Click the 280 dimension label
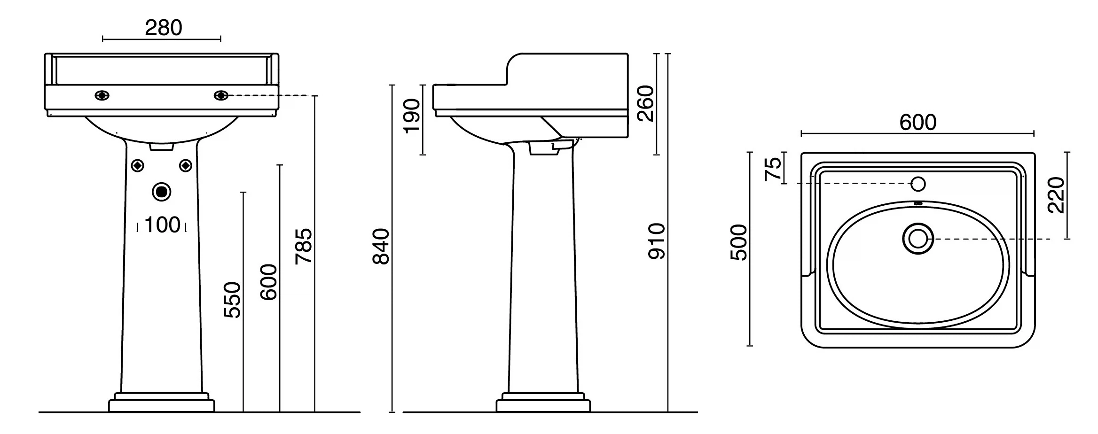tap(163, 28)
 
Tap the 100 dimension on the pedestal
tap(162, 225)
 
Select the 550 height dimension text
tap(232, 300)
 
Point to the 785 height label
tap(303, 246)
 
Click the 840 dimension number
tap(381, 246)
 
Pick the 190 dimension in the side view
tap(412, 116)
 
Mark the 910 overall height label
tap(657, 241)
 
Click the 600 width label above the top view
tap(918, 123)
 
